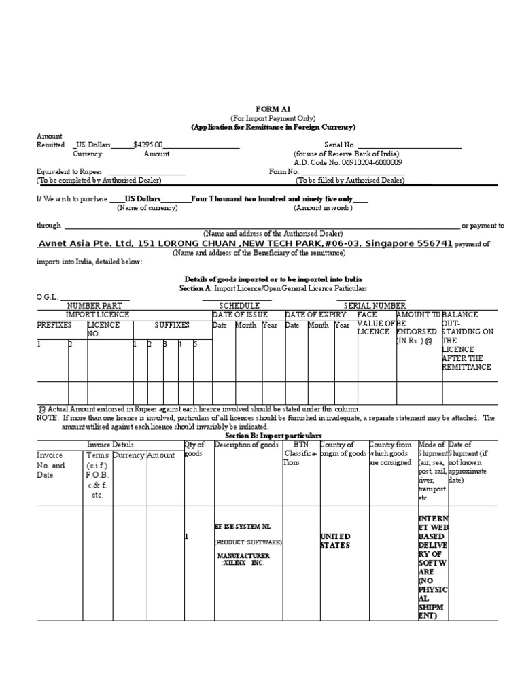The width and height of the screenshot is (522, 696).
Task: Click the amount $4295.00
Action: pyautogui.click(x=148, y=145)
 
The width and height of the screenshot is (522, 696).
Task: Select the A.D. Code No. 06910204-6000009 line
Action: pyautogui.click(x=347, y=163)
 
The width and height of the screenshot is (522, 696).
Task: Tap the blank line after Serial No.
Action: pyautogui.click(x=409, y=145)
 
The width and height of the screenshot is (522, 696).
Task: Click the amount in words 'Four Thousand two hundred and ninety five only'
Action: pyautogui.click(x=272, y=198)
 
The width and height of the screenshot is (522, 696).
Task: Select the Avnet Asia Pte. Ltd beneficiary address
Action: pyautogui.click(x=244, y=243)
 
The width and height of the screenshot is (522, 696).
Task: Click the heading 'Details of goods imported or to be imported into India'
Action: pyautogui.click(x=273, y=279)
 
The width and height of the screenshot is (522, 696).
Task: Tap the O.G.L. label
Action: pyautogui.click(x=48, y=297)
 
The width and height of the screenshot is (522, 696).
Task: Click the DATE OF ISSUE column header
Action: pyautogui.click(x=240, y=315)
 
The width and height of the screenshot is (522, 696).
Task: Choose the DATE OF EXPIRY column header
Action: pyautogui.click(x=315, y=315)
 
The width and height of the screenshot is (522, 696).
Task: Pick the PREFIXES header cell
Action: pyautogui.click(x=54, y=326)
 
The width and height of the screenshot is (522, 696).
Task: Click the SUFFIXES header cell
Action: pyautogui.click(x=172, y=326)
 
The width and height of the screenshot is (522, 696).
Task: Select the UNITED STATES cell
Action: pyautogui.click(x=335, y=541)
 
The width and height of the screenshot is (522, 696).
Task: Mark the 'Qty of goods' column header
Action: pyautogui.click(x=194, y=449)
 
